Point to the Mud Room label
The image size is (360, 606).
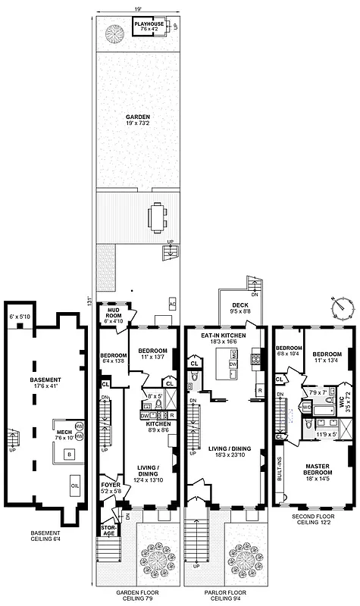point(114,316)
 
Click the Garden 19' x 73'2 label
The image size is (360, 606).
point(137,120)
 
